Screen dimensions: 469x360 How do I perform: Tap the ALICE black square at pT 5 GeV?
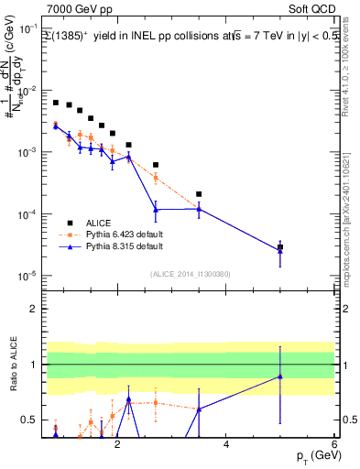280,247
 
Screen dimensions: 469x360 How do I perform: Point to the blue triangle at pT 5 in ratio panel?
280,376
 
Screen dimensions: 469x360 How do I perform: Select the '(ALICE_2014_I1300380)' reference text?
189,274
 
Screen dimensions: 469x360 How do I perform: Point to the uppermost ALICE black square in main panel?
56,103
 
